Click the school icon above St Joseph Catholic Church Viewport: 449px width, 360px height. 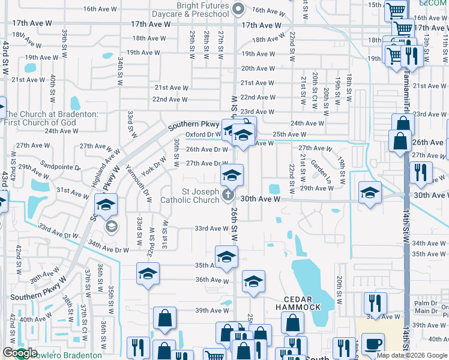click(x=232, y=175)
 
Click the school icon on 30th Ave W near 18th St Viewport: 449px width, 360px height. click(x=370, y=193)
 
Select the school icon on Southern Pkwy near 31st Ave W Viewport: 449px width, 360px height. click(x=106, y=205)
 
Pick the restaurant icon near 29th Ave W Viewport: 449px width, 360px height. click(x=421, y=172)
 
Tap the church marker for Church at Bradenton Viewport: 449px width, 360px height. click(x=2, y=108)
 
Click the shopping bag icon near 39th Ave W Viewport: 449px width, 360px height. click(x=164, y=317)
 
